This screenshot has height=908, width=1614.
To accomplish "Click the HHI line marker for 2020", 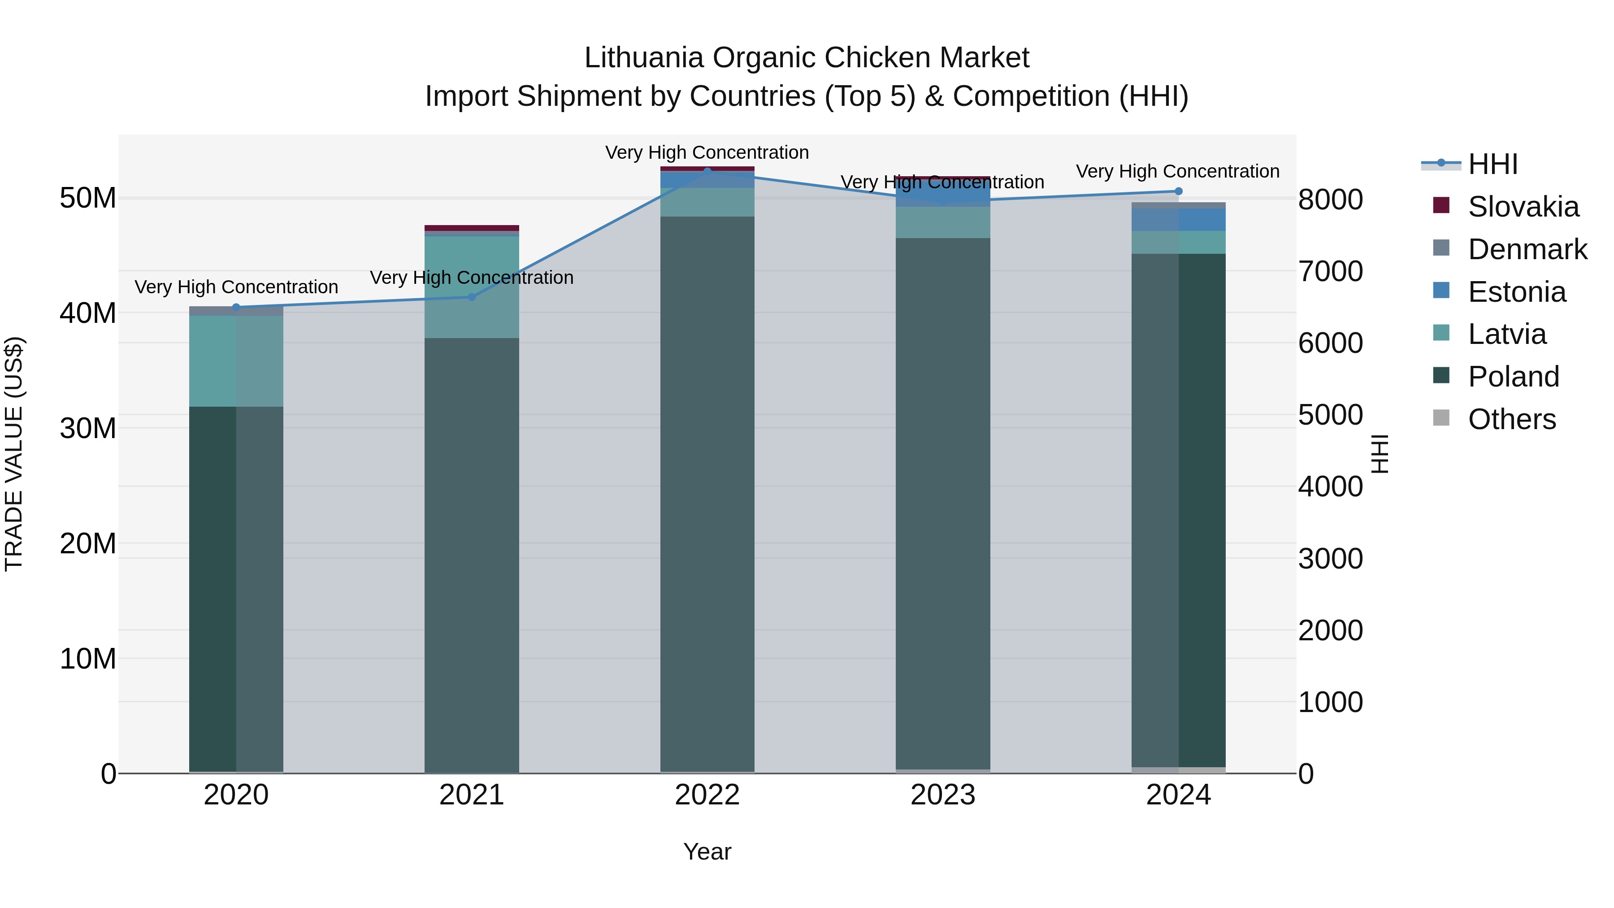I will point(236,307).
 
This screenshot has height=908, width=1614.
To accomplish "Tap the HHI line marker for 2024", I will point(1178,191).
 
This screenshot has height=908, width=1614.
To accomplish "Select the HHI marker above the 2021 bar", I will point(472,297).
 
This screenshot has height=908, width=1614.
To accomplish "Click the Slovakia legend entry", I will point(1523,207).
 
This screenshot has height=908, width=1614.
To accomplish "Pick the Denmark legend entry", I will point(1527,249).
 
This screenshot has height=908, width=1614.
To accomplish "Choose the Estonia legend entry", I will point(1516,292).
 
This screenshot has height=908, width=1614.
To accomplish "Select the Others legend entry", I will point(1511,419).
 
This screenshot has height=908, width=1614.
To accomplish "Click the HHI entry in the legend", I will point(1493,164).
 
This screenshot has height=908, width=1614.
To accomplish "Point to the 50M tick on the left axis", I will point(88,198).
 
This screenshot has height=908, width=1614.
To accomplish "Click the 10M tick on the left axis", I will point(88,659).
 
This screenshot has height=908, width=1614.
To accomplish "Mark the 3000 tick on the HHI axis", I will point(1330,558).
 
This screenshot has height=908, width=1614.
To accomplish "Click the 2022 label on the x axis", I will point(707,795).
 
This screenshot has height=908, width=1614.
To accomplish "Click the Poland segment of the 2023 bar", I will point(943,501).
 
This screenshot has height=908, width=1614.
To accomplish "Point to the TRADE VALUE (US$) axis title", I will point(14,454).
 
